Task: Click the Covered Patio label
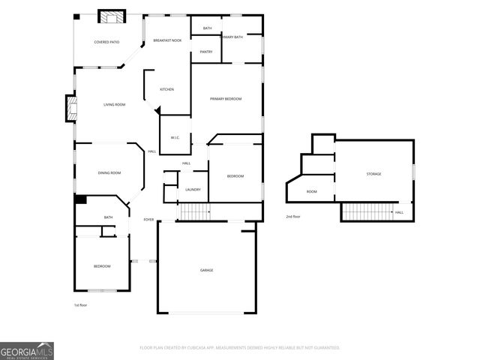106,42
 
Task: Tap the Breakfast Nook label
167,40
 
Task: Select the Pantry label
206,52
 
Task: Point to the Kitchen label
166,89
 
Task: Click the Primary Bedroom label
226,99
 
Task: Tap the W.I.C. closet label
174,137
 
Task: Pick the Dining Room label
109,173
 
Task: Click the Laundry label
193,190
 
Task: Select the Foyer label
148,220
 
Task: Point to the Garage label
206,270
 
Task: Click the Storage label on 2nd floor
373,174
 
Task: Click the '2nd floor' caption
293,216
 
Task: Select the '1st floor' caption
82,305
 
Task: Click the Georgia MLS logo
27,350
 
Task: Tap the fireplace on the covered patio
114,18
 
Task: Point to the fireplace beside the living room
71,109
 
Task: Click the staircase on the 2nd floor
367,212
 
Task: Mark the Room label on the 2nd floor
312,192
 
